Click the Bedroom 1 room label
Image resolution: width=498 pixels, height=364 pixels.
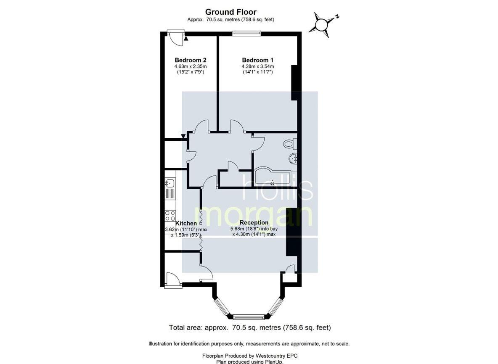257,60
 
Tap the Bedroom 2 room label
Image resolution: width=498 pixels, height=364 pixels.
190,60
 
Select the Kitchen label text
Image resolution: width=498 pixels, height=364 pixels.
186,223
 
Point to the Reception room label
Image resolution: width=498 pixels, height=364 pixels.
254,223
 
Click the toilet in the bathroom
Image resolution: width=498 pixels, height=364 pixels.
290,144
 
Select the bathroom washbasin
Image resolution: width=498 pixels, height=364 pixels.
293,158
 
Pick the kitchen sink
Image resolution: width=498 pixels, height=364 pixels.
170,183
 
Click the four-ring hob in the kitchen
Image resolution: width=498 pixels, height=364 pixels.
170,216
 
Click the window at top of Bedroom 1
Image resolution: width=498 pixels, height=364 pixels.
247,32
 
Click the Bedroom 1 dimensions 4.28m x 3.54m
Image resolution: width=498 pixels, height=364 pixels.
257,66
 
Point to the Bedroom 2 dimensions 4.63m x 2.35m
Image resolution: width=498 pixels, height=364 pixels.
191,66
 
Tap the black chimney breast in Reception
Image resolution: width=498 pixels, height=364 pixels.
291,232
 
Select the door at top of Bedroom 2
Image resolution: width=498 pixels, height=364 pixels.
175,37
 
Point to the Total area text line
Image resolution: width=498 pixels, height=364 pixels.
250,327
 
